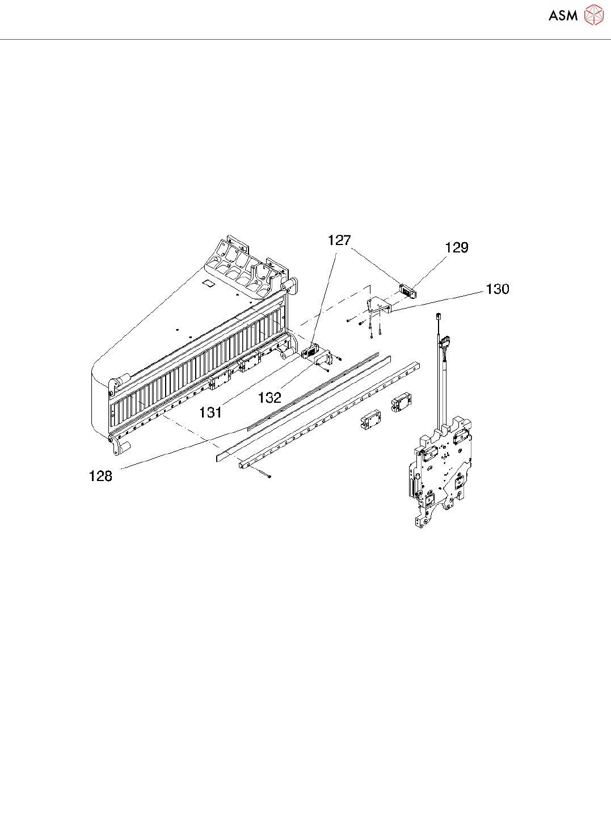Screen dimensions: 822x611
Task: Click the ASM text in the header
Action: (563, 16)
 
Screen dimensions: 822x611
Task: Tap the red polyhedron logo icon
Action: (594, 15)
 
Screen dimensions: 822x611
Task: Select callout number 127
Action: (339, 241)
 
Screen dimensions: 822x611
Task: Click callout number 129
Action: (457, 247)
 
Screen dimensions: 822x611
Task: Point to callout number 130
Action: (498, 289)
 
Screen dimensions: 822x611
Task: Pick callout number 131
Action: (210, 412)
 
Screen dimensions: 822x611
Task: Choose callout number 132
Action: (269, 398)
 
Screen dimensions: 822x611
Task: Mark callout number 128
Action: (100, 476)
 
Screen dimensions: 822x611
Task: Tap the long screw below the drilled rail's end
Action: (262, 473)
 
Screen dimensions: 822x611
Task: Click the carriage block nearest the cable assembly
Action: (401, 402)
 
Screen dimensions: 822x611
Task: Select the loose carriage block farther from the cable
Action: (371, 420)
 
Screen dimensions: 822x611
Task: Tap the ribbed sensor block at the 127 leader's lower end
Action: (310, 352)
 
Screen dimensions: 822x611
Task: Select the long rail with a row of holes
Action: (329, 414)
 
